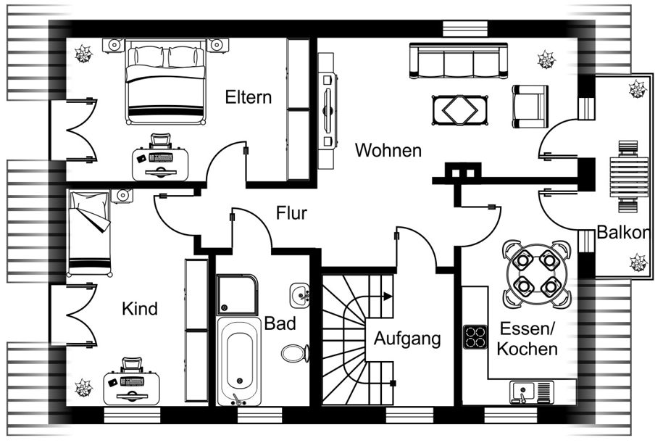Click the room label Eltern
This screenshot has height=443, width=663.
[249, 97]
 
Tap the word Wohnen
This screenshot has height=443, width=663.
[388, 150]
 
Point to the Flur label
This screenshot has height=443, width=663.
[291, 213]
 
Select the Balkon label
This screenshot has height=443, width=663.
[623, 232]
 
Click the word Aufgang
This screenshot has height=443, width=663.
[407, 339]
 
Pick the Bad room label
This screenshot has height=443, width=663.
[280, 323]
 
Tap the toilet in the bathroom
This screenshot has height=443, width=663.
[295, 353]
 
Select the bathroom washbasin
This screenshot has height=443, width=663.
[299, 294]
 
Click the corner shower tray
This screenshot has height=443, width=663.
[237, 294]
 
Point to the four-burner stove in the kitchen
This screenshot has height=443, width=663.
[475, 337]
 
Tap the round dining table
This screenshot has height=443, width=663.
[537, 275]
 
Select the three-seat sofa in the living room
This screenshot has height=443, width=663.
[459, 60]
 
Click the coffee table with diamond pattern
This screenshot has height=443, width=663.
[459, 110]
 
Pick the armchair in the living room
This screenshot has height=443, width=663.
[530, 106]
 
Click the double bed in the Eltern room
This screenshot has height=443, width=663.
[165, 82]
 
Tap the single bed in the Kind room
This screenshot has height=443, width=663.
[90, 233]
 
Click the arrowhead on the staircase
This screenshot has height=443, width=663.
[388, 297]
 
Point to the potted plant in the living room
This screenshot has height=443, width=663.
[546, 59]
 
